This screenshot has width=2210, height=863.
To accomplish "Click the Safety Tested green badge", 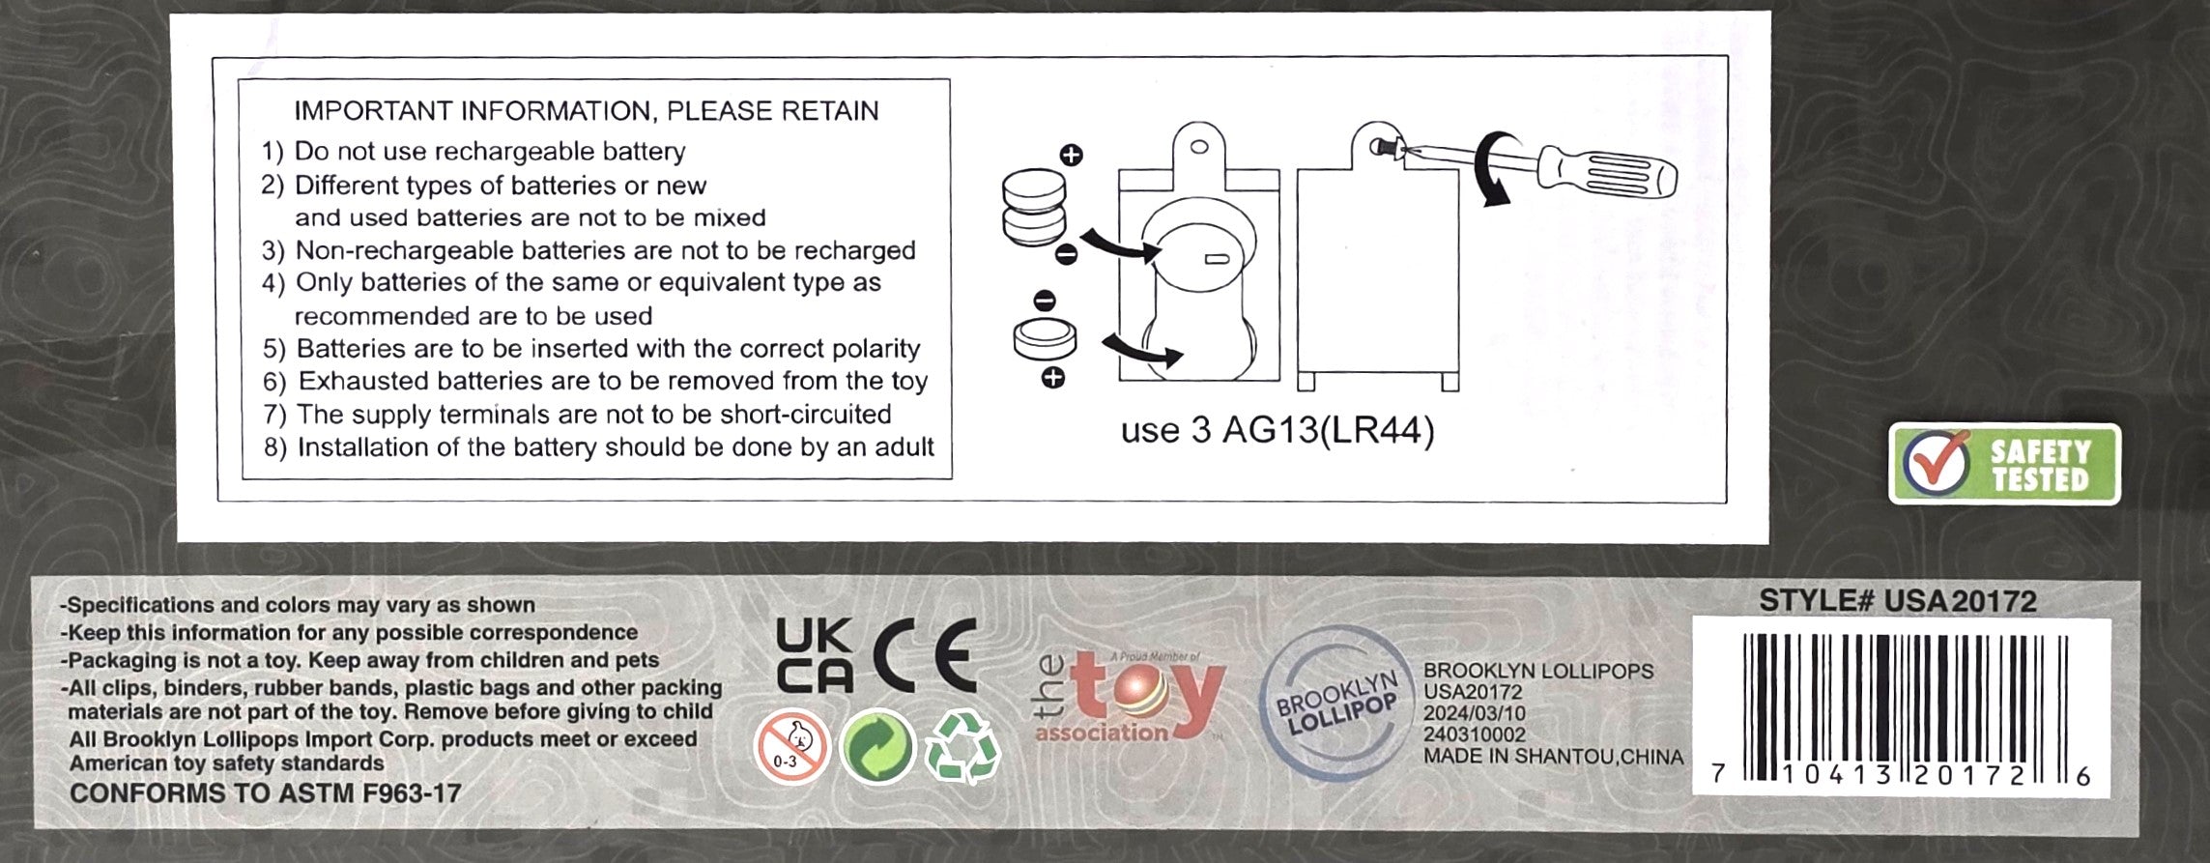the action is pos(2005,465).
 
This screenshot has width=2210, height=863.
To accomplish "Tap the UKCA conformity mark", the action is pos(815,656).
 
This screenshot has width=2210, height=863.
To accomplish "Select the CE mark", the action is pos(927,656).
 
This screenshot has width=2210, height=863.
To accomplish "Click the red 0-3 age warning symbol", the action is pos(791,747).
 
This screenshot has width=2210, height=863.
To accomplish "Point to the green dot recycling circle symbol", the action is pos(876,747).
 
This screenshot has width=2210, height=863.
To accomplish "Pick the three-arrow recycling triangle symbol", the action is pos(961,746).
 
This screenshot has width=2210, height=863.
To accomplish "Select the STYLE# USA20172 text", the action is pos(1898,601).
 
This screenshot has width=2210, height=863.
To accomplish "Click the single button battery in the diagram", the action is pos(1045,340).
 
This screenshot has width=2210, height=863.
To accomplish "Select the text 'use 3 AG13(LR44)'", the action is pos(1277,430).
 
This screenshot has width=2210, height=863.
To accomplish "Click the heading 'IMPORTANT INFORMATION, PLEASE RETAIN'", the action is pos(587,111).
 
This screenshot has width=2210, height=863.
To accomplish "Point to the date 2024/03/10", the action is pos(1475,713).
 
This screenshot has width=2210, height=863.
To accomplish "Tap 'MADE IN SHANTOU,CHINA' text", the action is pos(1553,757).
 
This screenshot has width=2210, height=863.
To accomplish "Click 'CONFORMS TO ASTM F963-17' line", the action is pos(266,793).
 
